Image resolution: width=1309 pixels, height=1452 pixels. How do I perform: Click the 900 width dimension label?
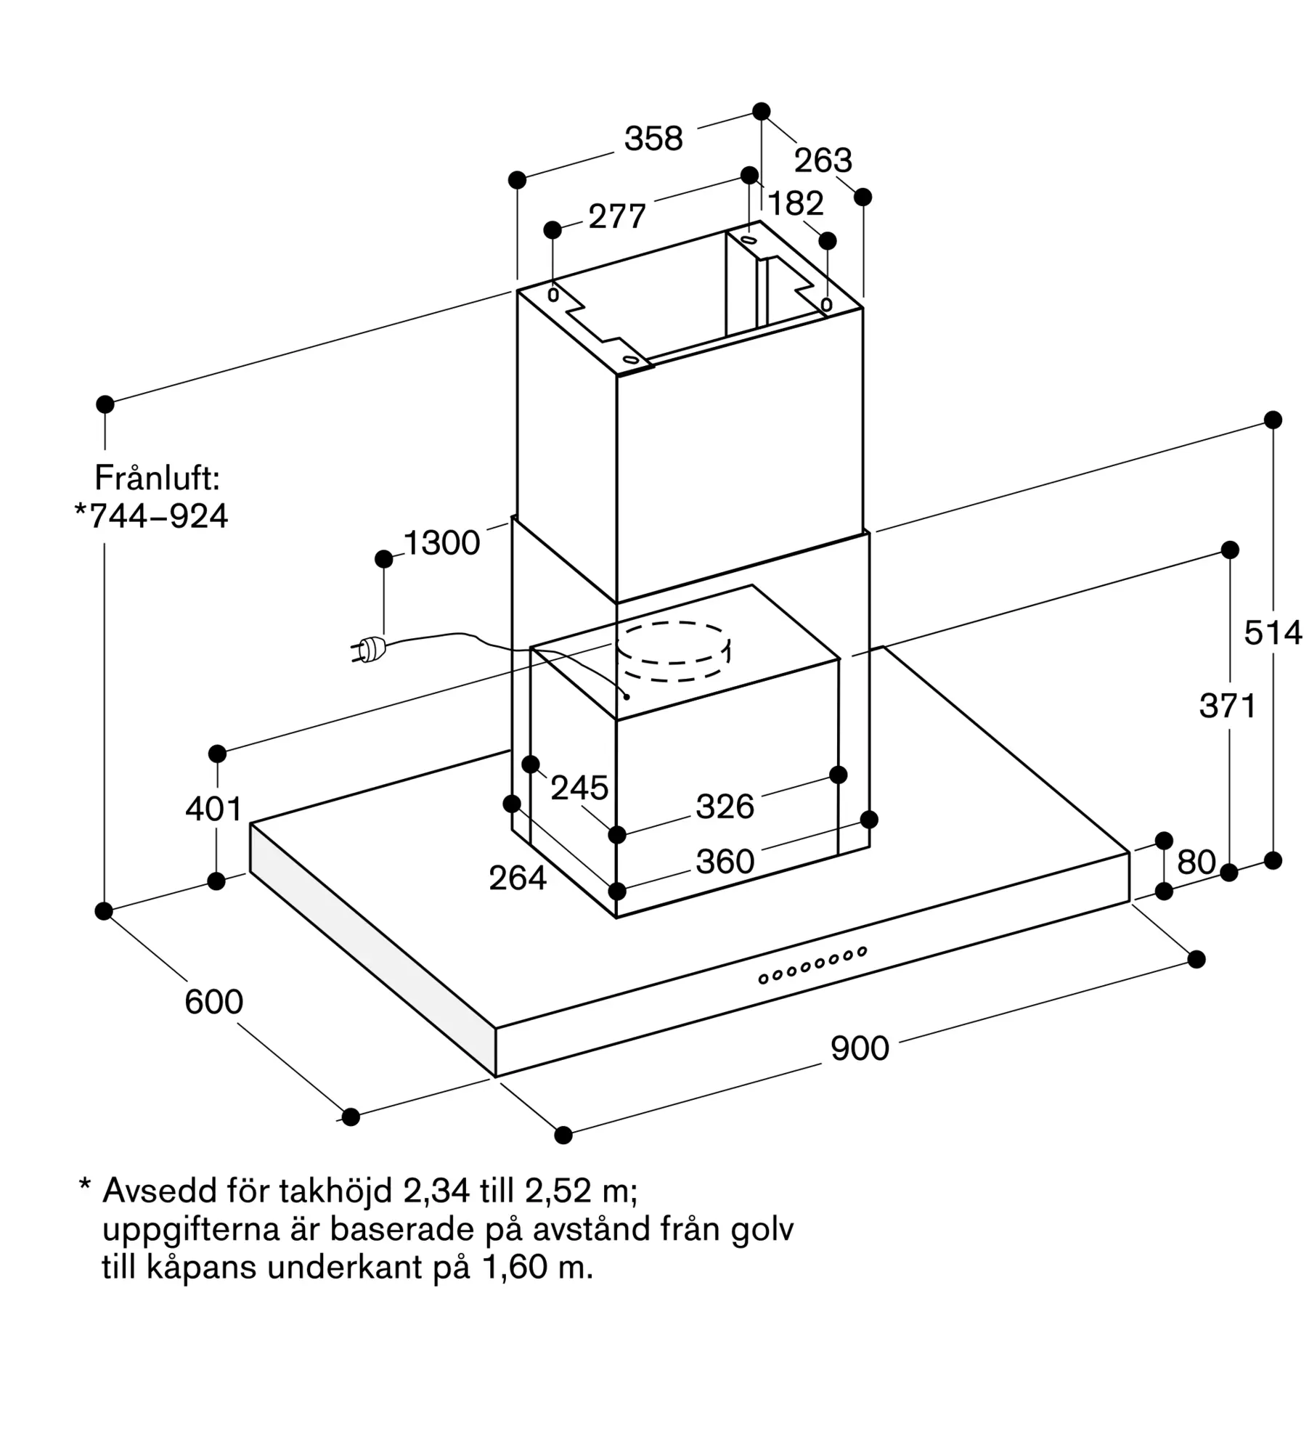click(860, 1049)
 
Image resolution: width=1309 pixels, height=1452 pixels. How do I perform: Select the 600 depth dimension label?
click(213, 1002)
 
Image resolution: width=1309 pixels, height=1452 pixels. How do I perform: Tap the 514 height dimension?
click(1273, 633)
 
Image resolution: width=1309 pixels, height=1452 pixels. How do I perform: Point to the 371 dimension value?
click(1228, 706)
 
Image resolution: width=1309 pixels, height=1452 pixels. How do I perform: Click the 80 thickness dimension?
click(1196, 862)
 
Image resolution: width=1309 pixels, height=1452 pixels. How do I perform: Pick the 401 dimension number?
click(213, 809)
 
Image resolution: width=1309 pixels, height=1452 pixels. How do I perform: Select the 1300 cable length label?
click(441, 543)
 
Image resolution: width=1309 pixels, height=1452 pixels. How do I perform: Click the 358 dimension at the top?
click(653, 139)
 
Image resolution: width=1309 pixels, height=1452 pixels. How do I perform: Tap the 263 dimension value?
click(823, 160)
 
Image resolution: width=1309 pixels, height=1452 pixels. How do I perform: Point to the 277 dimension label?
click(617, 216)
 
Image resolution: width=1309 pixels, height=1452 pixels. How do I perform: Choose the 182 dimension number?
click(796, 204)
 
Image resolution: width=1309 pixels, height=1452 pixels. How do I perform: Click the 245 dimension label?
click(579, 788)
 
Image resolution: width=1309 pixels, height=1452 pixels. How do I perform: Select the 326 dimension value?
click(725, 807)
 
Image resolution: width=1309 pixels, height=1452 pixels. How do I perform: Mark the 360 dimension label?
click(725, 862)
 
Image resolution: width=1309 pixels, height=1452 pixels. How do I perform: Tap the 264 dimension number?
click(517, 878)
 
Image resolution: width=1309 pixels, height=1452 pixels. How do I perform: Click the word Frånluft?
click(157, 478)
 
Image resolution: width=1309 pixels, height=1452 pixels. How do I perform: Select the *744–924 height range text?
click(152, 516)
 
